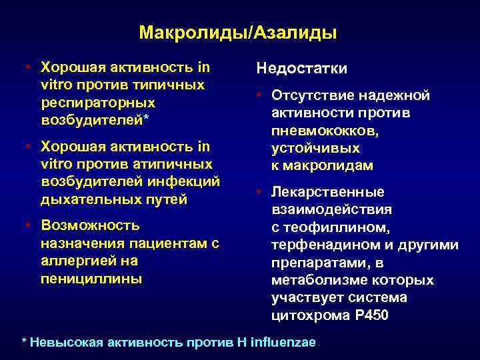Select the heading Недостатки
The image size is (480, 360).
coord(301,69)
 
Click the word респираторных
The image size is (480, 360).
coord(98,103)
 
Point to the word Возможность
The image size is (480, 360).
coord(90,225)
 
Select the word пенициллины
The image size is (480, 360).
coord(91,278)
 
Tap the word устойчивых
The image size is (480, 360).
coord(315,148)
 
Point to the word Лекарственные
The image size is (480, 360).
coord(327,193)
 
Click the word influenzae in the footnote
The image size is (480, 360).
coord(283,342)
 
